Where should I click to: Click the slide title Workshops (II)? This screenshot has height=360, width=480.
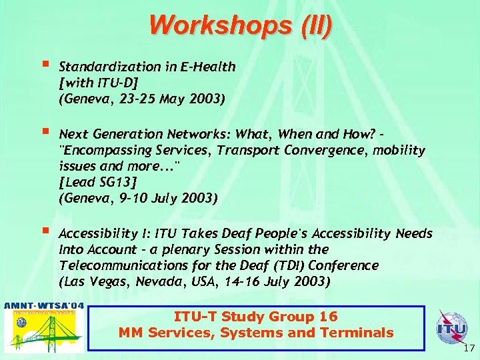[x=240, y=25]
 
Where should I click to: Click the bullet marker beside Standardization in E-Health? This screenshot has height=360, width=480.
[x=44, y=65]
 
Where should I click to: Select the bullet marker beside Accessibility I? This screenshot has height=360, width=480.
[x=44, y=232]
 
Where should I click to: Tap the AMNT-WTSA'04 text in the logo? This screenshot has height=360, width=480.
[x=44, y=306]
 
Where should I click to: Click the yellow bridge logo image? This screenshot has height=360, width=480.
[x=44, y=331]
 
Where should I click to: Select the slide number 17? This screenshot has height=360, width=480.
[x=468, y=347]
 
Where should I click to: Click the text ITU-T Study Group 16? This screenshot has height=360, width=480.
[x=255, y=317]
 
